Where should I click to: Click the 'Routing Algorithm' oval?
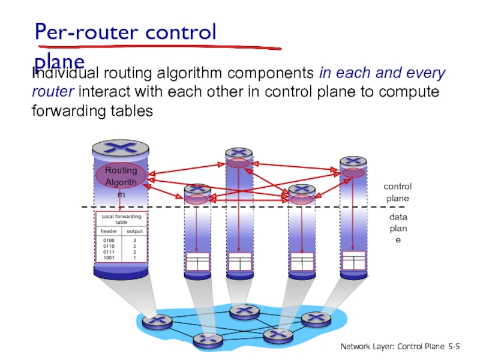121,175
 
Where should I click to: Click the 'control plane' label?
397,193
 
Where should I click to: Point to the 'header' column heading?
109,230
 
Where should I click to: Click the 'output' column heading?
134,230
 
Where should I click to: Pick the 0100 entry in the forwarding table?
108,240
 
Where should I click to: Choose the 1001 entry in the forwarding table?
108,257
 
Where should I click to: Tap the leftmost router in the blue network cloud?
157,322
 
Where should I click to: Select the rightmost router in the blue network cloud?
312,318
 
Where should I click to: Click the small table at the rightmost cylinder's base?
353,261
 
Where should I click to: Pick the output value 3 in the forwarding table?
134,240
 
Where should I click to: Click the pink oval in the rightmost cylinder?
353,173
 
